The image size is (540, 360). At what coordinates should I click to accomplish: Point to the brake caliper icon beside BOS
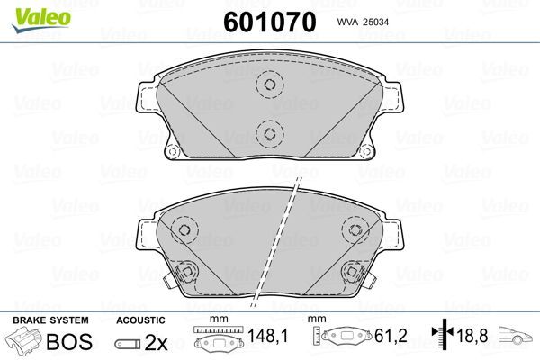click(26, 343)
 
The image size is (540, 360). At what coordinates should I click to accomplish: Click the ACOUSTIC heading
click(140, 319)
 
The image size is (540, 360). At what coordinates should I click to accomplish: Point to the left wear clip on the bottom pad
click(186, 271)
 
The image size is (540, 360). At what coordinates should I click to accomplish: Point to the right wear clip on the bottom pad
click(351, 271)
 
